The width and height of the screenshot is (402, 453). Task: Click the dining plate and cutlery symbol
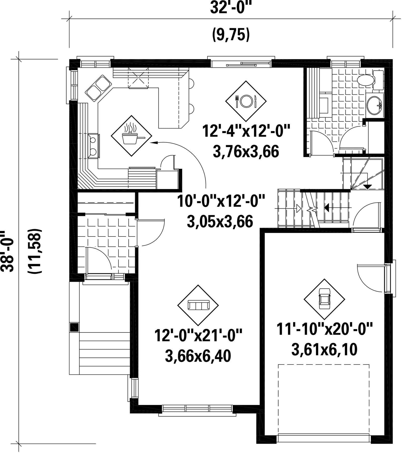pyautogui.click(x=246, y=101)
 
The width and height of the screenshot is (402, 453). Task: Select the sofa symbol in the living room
pyautogui.click(x=198, y=305)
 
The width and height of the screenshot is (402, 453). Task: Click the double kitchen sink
pyautogui.click(x=98, y=88)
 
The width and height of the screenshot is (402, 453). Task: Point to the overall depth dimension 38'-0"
pyautogui.click(x=7, y=251)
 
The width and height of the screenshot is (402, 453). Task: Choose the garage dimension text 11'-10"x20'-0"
pyautogui.click(x=324, y=329)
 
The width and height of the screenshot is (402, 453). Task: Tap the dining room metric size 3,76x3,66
pyautogui.click(x=246, y=152)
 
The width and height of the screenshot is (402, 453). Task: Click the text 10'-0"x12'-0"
pyautogui.click(x=221, y=201)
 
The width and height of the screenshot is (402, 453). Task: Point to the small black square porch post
pyautogui.click(x=74, y=327)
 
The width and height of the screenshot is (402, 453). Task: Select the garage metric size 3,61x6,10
pyautogui.click(x=324, y=350)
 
